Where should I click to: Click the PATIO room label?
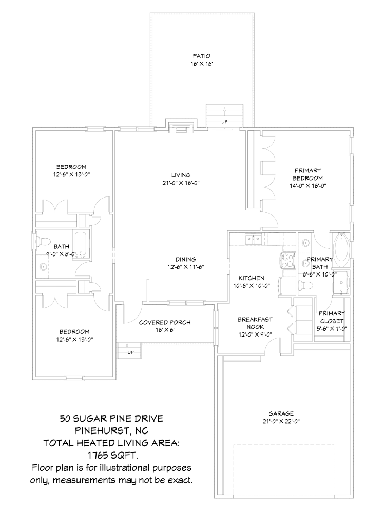pos(202,56)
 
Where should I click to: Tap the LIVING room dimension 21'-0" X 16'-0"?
pos(181,182)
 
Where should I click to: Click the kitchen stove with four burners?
pos(286,261)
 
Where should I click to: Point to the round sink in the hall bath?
pos(43,267)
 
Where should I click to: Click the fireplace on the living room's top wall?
pos(180,127)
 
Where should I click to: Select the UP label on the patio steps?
pos(224,122)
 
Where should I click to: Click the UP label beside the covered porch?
pos(130,352)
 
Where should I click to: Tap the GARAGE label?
pos(281,413)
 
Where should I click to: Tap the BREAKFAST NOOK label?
pos(255,323)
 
